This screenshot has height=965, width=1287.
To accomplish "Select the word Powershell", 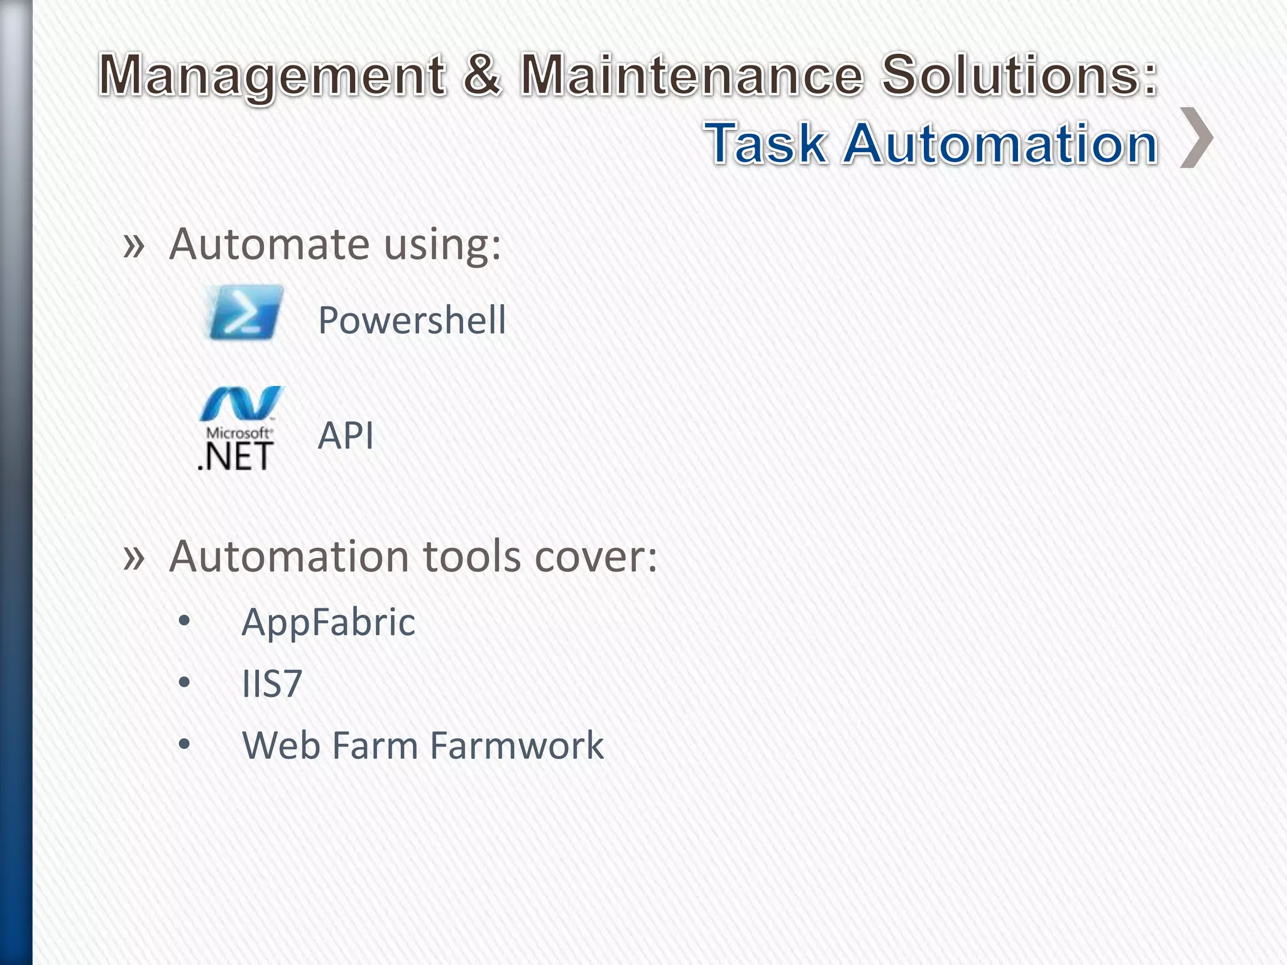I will (412, 320).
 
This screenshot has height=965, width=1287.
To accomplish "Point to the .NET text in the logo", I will (235, 456).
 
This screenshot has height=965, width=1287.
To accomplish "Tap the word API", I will (346, 435).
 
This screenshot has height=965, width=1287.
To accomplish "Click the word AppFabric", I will (328, 623).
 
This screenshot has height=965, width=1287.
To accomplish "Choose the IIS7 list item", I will (271, 684).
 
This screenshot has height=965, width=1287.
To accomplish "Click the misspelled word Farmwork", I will (517, 746).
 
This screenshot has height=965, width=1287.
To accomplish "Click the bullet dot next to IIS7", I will (184, 682).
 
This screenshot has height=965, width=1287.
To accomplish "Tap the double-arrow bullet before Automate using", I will (134, 245).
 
